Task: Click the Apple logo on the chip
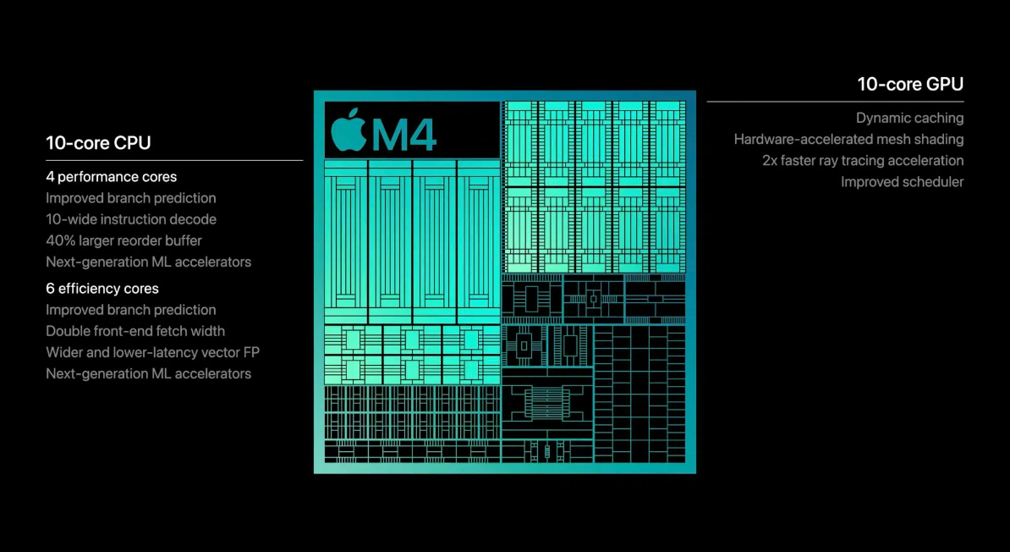349,130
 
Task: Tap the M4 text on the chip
404,134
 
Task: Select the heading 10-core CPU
98,143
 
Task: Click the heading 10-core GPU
910,84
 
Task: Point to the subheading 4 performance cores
112,177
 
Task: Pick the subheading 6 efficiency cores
102,289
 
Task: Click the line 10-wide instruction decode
131,219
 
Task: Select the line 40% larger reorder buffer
124,240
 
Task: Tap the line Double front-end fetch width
135,331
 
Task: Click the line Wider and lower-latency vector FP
152,352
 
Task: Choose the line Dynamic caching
909,119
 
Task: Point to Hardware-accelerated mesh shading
848,140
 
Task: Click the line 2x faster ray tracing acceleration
863,161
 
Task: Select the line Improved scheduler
902,182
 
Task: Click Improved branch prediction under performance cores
131,198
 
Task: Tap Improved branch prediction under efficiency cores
131,310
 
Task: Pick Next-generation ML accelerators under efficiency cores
148,373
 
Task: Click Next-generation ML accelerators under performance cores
148,262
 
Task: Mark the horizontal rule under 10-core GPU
835,102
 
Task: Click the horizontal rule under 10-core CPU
174,160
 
